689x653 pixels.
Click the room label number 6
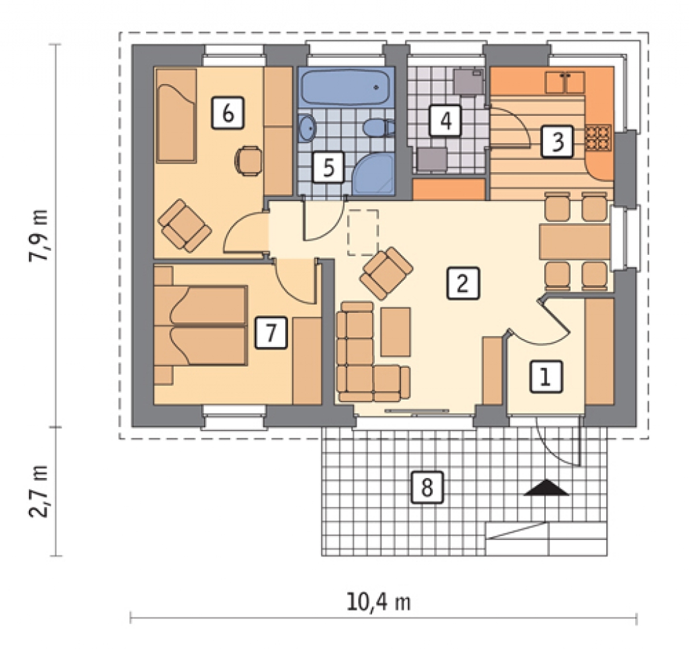click(x=227, y=113)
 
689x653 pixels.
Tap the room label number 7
click(x=271, y=332)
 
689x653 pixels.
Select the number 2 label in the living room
click(x=463, y=283)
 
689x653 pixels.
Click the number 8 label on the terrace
click(x=427, y=487)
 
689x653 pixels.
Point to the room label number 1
click(x=546, y=377)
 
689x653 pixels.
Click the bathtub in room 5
click(x=345, y=87)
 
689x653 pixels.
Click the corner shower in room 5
click(x=373, y=174)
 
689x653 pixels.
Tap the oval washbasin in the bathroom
click(x=307, y=128)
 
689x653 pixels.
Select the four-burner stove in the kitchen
click(x=598, y=137)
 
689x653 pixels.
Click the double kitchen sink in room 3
click(x=565, y=83)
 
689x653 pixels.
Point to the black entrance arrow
click(x=546, y=488)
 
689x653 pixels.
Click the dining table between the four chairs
click(x=575, y=241)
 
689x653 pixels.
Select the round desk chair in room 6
click(x=248, y=161)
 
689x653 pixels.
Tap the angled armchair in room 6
click(x=184, y=226)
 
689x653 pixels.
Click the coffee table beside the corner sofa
click(x=396, y=332)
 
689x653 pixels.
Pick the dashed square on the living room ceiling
click(x=363, y=232)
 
